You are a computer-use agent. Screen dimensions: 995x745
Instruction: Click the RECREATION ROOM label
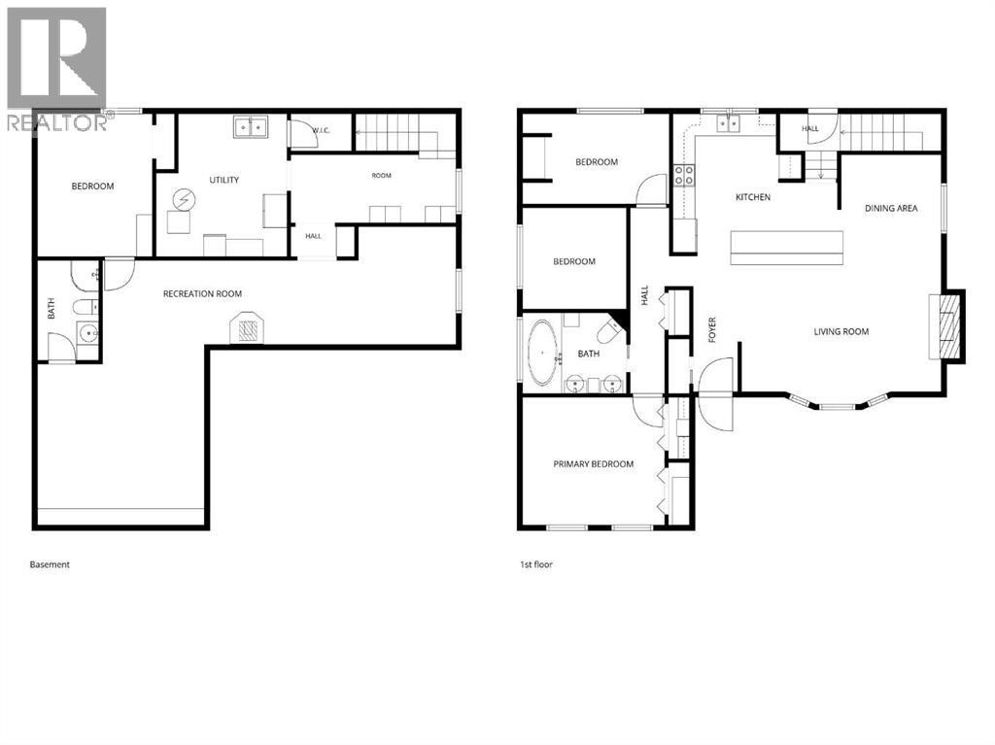[x=202, y=293]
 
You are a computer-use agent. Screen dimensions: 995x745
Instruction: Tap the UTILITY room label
[x=224, y=181]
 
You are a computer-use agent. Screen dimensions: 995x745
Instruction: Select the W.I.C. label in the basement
[x=321, y=131]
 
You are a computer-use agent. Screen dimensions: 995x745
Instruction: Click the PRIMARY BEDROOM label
[x=594, y=464]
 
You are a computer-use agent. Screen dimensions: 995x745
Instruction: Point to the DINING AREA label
[x=891, y=208]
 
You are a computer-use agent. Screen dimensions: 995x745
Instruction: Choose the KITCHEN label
[x=753, y=197]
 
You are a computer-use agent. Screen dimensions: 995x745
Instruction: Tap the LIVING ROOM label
[x=841, y=331]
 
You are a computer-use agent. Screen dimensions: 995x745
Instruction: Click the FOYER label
[x=712, y=330]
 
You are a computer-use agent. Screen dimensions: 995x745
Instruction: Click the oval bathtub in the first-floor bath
[x=542, y=353]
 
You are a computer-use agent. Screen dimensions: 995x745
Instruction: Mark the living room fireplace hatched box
[x=947, y=326]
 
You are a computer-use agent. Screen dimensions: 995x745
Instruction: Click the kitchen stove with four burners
[x=683, y=175]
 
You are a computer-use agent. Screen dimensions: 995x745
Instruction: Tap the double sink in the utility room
[x=251, y=127]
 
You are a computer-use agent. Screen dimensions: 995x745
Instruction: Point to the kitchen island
[x=787, y=248]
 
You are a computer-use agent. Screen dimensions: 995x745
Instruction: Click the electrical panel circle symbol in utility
[x=185, y=200]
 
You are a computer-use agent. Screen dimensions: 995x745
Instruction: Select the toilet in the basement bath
[x=86, y=307]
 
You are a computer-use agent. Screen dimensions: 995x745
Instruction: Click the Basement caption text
[x=50, y=564]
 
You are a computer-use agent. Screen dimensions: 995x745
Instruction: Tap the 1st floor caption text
[x=536, y=564]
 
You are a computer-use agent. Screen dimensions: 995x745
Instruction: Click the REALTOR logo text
[x=57, y=122]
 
